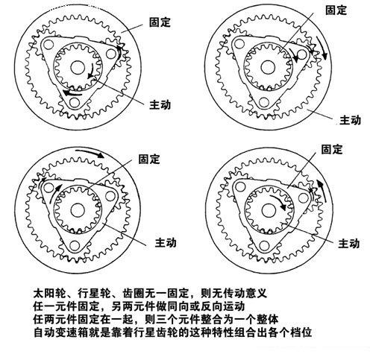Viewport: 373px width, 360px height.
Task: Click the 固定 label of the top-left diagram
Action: tap(160, 22)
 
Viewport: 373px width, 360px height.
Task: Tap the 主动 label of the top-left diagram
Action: tap(160, 104)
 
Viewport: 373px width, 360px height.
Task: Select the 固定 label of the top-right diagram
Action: tap(336, 10)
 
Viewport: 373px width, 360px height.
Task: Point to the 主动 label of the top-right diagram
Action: tap(350, 120)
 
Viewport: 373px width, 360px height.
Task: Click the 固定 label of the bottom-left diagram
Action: tap(148, 159)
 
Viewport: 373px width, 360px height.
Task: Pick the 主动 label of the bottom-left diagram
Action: tap(166, 242)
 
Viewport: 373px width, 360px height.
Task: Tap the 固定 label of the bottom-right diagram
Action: tap(332, 149)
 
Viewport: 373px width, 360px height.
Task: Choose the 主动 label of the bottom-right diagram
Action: tap(348, 243)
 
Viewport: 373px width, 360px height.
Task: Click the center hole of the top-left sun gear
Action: tap(78, 67)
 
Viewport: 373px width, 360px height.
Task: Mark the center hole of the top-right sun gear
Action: tap(268, 67)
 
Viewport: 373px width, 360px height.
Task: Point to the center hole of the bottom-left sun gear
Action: tap(78, 210)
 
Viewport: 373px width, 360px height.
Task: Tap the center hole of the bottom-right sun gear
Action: tap(269, 210)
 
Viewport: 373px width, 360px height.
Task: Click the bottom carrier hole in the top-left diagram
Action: tap(75, 102)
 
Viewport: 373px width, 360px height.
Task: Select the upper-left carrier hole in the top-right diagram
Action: tap(239, 44)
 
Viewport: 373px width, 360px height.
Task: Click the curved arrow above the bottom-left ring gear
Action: tap(90, 153)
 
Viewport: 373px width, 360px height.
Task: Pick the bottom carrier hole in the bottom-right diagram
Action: tap(264, 245)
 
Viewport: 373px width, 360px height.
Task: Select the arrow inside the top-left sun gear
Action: tap(91, 72)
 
